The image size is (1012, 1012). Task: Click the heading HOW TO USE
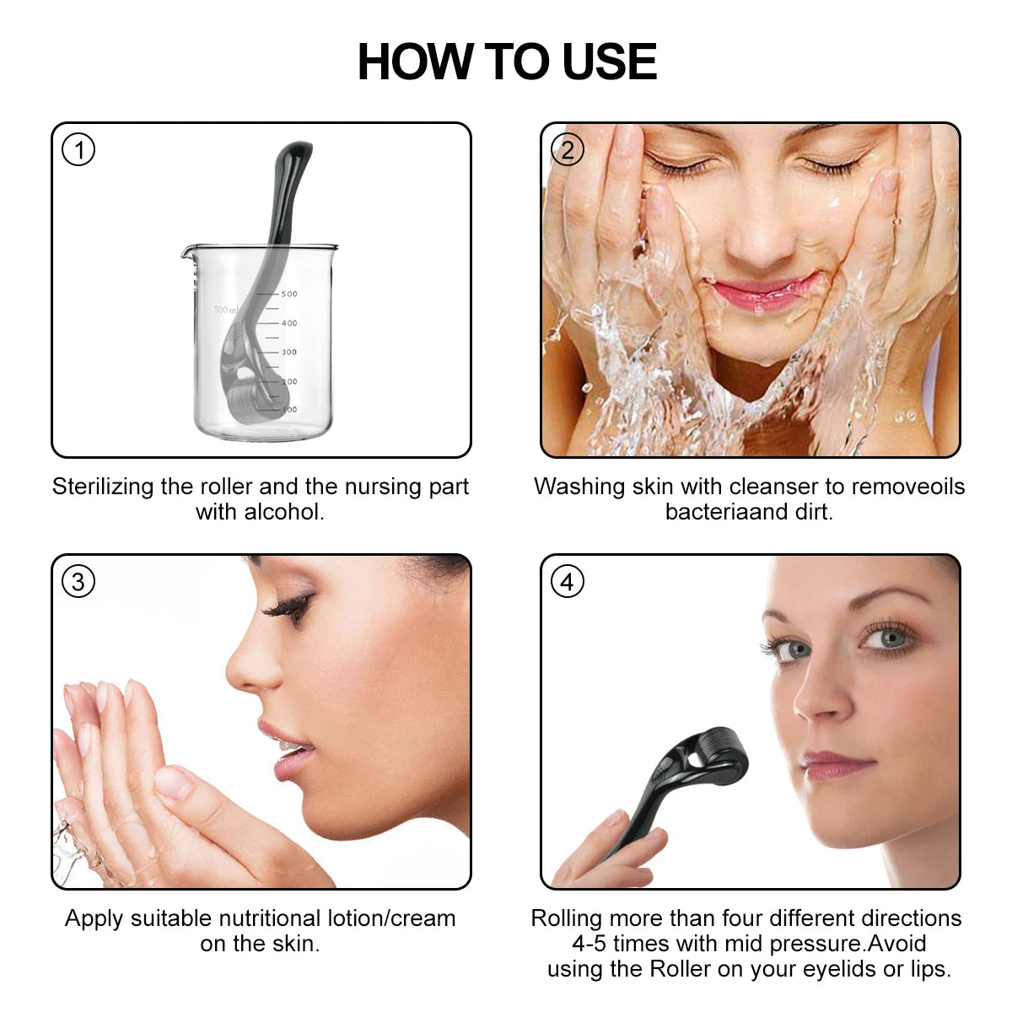[x=507, y=62]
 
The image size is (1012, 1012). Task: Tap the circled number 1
[x=78, y=150]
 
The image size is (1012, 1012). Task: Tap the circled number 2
[x=567, y=150]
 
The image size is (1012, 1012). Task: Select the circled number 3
[x=78, y=581]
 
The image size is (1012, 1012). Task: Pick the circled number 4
[x=567, y=581]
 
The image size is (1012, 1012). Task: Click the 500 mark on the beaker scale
[x=289, y=294]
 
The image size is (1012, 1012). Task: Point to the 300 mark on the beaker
[x=289, y=353]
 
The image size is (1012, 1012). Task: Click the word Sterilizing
[x=103, y=487]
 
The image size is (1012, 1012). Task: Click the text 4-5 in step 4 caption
[x=589, y=944]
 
